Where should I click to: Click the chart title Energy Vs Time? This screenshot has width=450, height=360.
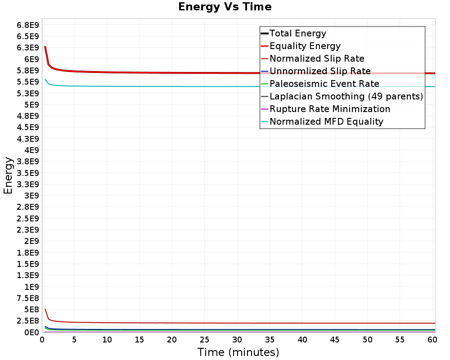click(225, 7)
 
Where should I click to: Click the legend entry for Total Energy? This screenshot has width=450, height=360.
click(297, 33)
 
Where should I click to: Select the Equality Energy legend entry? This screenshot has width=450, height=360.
click(305, 46)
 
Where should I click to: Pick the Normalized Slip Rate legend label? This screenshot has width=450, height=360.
click(317, 58)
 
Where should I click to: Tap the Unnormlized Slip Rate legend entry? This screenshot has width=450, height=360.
click(320, 71)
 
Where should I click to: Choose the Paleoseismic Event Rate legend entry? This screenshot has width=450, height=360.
click(324, 84)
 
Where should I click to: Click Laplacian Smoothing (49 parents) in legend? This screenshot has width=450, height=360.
click(346, 96)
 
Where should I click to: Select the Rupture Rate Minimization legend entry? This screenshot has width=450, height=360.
click(329, 109)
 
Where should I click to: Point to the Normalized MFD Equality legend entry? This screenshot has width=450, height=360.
click(326, 121)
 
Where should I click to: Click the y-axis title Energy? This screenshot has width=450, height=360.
click(8, 175)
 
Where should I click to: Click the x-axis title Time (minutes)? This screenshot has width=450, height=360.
click(238, 352)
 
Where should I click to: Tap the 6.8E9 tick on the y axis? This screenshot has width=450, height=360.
click(27, 25)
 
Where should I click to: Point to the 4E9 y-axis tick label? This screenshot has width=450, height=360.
click(30, 150)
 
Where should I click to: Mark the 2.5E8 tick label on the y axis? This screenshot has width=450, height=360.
click(27, 320)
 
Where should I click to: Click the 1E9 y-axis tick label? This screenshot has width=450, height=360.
click(30, 287)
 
